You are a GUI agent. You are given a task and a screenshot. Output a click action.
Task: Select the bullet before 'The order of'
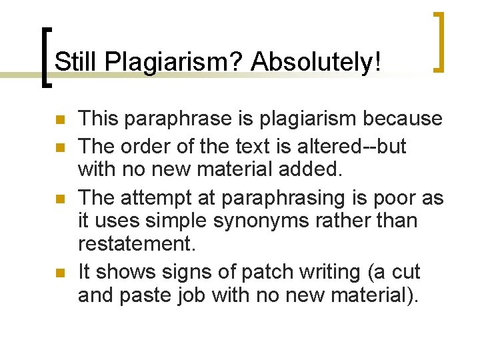click(x=59, y=146)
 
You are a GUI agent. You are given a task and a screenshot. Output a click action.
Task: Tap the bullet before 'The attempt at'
click(x=59, y=199)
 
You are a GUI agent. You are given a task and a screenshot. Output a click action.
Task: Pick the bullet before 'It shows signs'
click(x=59, y=273)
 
